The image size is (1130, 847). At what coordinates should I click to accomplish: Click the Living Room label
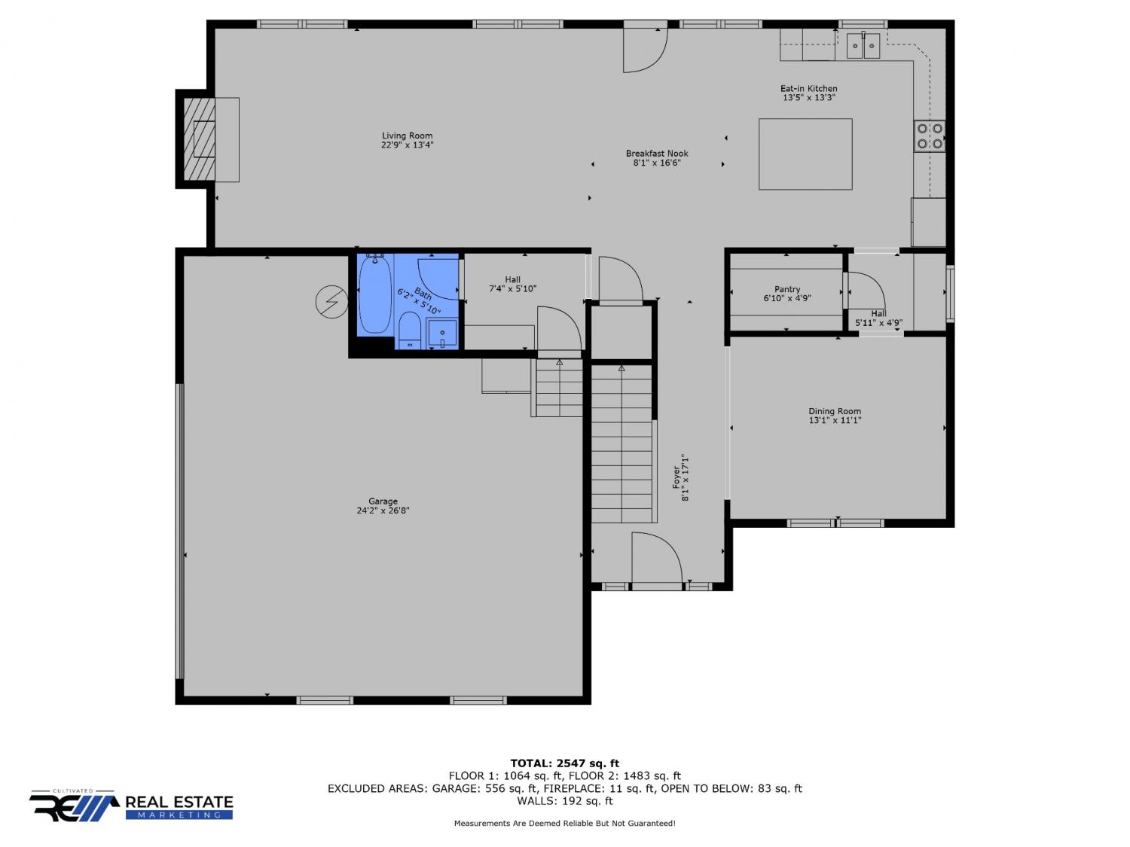click(407, 136)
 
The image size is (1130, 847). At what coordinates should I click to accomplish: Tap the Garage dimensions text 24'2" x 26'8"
click(383, 510)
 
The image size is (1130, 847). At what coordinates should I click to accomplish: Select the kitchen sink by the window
click(863, 46)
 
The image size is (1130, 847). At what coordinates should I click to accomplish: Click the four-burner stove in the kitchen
click(930, 136)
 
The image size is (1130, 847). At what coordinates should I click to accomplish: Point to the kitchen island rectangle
click(805, 154)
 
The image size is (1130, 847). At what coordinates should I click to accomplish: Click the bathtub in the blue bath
click(375, 294)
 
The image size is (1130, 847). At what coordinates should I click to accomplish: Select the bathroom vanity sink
click(441, 334)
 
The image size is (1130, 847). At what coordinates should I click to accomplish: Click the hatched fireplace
click(200, 139)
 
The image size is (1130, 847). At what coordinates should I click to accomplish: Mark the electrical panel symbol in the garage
click(331, 302)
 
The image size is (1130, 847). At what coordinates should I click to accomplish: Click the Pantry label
click(787, 290)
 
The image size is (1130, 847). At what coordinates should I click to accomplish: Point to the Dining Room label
click(835, 411)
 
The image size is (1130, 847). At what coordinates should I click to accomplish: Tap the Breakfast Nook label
click(657, 154)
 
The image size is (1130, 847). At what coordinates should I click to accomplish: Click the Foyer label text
click(676, 477)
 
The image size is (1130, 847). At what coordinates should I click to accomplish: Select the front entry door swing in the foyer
click(657, 559)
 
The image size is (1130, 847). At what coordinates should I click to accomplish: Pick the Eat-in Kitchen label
click(809, 88)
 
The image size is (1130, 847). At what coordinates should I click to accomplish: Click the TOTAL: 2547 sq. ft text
click(565, 763)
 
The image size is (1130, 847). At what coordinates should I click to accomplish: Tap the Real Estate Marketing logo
click(131, 806)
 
